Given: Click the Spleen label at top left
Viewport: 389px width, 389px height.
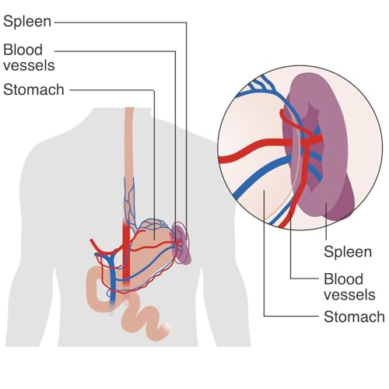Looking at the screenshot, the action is (x=27, y=22).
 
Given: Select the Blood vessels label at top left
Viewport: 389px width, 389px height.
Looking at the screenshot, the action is (x=29, y=58).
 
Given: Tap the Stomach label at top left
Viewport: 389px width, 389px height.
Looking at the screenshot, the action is (x=33, y=89).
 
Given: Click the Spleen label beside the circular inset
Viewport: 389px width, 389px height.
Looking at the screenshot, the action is (x=348, y=252).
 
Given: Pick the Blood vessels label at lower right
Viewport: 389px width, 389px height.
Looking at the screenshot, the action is (x=349, y=287).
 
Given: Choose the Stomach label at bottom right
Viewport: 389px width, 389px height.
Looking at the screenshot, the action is (x=354, y=317).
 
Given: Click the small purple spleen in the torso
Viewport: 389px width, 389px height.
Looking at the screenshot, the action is (x=181, y=244).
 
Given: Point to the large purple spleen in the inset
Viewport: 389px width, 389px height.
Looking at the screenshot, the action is (x=321, y=145).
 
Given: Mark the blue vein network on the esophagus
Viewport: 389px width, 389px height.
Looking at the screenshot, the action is (x=129, y=200).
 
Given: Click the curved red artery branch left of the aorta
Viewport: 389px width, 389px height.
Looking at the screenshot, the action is (x=103, y=248).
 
